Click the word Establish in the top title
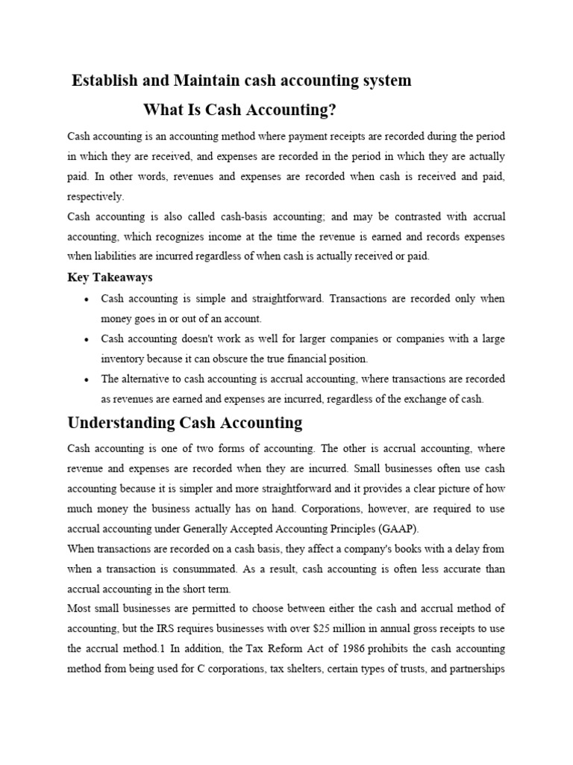click(101, 81)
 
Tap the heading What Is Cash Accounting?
click(239, 111)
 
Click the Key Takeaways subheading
click(110, 277)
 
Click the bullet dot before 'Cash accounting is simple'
click(88, 299)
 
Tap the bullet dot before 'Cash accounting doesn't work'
click(88, 339)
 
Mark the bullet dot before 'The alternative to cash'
click(88, 380)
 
